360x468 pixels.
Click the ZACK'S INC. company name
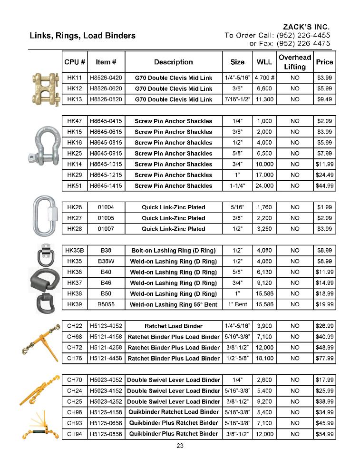click(306, 27)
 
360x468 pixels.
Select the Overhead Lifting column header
click(295, 62)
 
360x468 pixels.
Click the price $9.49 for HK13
click(324, 99)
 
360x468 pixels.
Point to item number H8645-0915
click(106, 153)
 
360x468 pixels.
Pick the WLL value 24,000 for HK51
click(264, 185)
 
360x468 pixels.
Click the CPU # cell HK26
click(75, 207)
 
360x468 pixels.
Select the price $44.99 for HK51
click(324, 185)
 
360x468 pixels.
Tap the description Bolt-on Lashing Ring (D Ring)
click(173, 250)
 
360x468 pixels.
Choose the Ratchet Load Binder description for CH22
click(173, 326)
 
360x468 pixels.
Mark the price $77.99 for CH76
click(324, 358)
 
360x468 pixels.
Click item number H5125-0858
click(106, 433)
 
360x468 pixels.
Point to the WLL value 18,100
click(264, 358)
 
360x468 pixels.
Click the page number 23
click(180, 446)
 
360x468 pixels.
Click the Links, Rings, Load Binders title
click(82, 36)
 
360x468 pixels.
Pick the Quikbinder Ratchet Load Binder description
click(173, 412)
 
